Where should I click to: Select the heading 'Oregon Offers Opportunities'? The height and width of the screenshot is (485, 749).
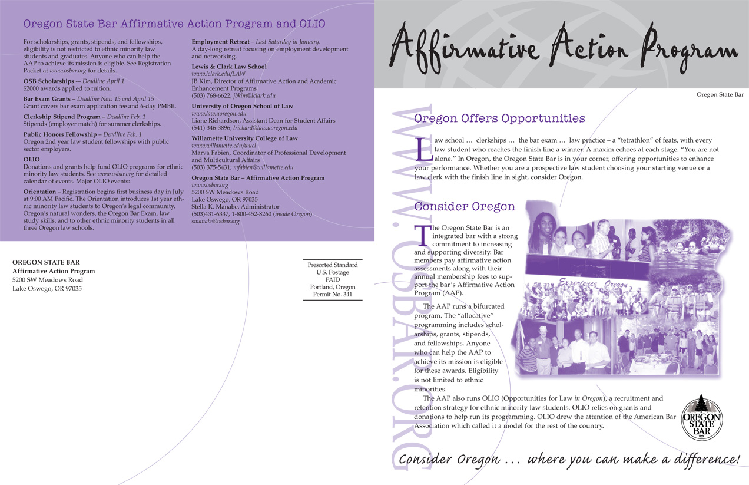pos(499,118)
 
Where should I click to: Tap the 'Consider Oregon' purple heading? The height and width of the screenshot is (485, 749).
pos(465,207)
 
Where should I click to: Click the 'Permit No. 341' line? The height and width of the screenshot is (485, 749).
pos(333,294)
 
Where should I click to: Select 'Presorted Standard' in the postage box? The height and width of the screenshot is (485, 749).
pos(333,265)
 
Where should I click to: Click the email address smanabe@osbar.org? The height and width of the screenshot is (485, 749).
pos(216,221)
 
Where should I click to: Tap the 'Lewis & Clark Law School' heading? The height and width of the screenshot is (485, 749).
pos(229,67)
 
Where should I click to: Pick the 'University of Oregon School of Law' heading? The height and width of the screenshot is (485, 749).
pos(242,106)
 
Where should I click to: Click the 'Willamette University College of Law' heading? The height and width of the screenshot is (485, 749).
pos(244,138)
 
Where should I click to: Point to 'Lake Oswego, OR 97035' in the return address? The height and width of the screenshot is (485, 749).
pos(47,289)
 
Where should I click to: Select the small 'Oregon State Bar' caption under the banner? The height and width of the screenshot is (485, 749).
pos(720,94)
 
